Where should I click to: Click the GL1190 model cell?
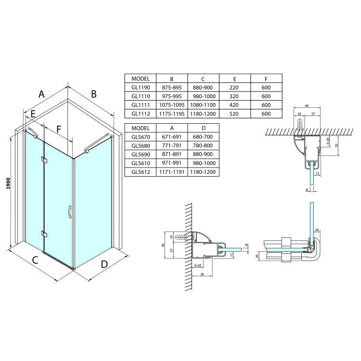coord(140,87)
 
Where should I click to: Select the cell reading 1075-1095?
coord(171,105)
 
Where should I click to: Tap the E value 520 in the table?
coord(234,114)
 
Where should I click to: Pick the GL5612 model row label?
coord(140,172)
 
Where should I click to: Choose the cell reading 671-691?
coord(171,137)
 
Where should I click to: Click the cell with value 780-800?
coord(203,145)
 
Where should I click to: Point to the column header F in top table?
coord(266,78)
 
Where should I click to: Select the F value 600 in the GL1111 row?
coord(266,105)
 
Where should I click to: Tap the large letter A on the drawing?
coord(41,94)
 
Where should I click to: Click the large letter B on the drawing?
coord(94,93)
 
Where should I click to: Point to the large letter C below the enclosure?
coord(35,260)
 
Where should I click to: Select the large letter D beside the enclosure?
coord(104,264)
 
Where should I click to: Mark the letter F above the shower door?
coord(59,129)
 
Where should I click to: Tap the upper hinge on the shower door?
coord(45,159)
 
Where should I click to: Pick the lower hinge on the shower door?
coord(45,234)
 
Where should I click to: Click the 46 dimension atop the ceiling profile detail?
coord(306,106)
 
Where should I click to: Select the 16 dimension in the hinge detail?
coord(317,231)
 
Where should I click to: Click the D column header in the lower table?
coord(203,128)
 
